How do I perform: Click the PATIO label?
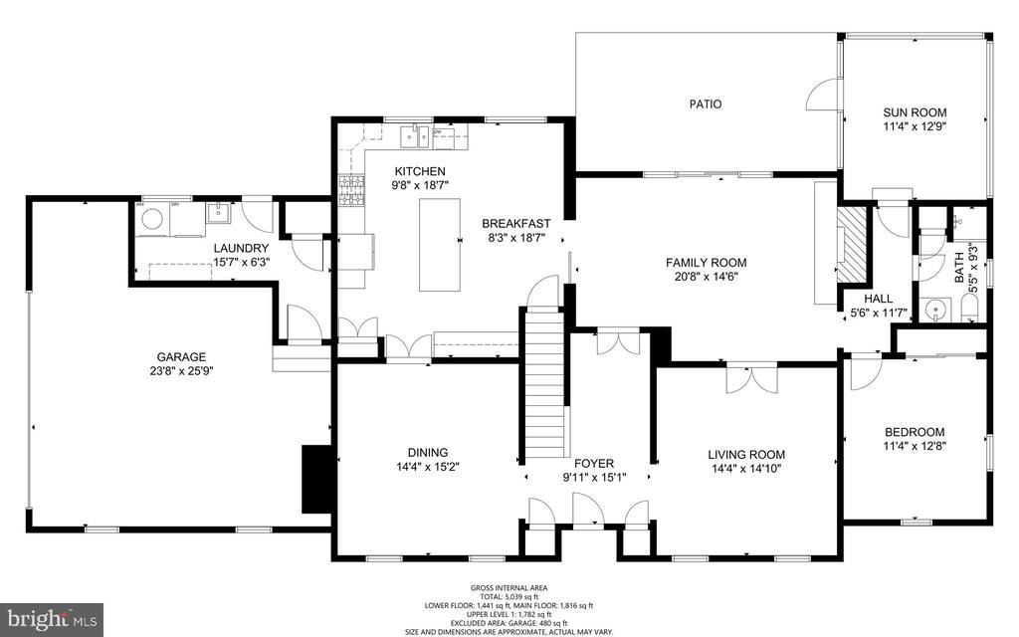point(706,104)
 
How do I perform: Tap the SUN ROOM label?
point(915,112)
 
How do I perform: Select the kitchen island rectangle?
point(439,244)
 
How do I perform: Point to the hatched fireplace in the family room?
point(852,245)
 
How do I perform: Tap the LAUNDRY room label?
point(240,248)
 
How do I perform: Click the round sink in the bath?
point(934,311)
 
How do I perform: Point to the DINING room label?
point(427,452)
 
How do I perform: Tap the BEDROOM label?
point(915,432)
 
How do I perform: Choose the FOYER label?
point(594,463)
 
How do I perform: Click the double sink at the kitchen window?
point(415,134)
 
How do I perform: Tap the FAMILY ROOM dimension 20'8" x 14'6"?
point(706,277)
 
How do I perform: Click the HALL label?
point(879,298)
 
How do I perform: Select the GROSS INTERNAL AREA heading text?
point(509,588)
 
